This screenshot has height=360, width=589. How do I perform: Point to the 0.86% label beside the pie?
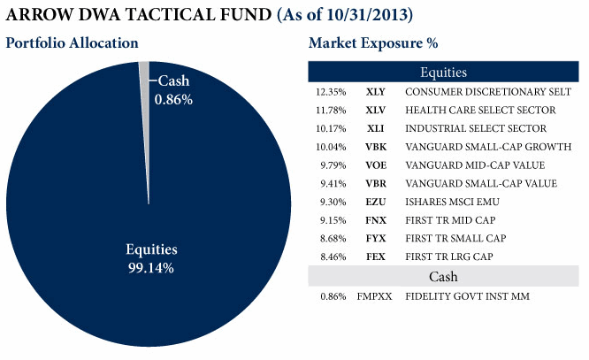pyautogui.click(x=173, y=100)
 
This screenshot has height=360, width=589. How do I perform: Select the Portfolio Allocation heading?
pyautogui.click(x=73, y=43)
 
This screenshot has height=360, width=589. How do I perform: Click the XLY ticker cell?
pyautogui.click(x=373, y=92)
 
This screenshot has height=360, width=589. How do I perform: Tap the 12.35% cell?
pyautogui.click(x=329, y=92)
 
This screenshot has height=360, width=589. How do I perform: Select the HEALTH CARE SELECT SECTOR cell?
pyautogui.click(x=480, y=111)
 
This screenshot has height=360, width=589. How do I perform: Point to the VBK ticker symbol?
pyautogui.click(x=373, y=147)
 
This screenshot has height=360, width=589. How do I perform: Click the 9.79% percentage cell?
pyautogui.click(x=330, y=165)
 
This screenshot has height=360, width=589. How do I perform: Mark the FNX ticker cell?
pyautogui.click(x=373, y=220)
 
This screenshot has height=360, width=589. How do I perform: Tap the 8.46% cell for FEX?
pyautogui.click(x=330, y=257)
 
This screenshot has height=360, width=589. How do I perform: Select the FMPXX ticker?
pyautogui.click(x=373, y=296)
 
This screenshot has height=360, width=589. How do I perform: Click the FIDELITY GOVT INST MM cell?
pyautogui.click(x=467, y=296)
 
